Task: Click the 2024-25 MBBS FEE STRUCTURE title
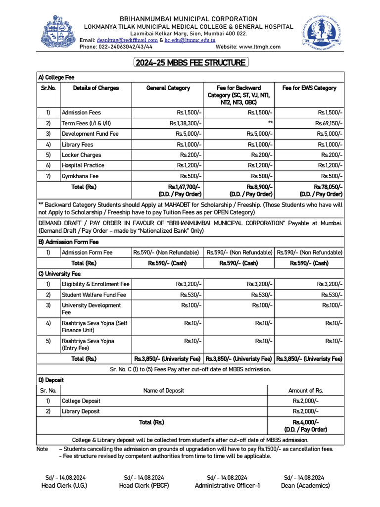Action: [190, 63]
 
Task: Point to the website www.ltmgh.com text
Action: [248, 47]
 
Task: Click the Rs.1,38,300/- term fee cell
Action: [185, 123]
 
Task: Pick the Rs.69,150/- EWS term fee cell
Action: [329, 123]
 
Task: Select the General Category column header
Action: [168, 88]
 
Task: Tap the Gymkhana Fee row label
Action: [80, 176]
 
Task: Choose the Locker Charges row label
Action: [81, 155]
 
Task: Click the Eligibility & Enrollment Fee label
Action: [95, 284]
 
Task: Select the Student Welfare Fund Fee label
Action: [94, 295]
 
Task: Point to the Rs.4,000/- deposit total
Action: [305, 422]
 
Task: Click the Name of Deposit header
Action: [163, 391]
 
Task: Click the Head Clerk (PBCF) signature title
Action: [144, 486]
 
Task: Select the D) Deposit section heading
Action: [51, 380]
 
